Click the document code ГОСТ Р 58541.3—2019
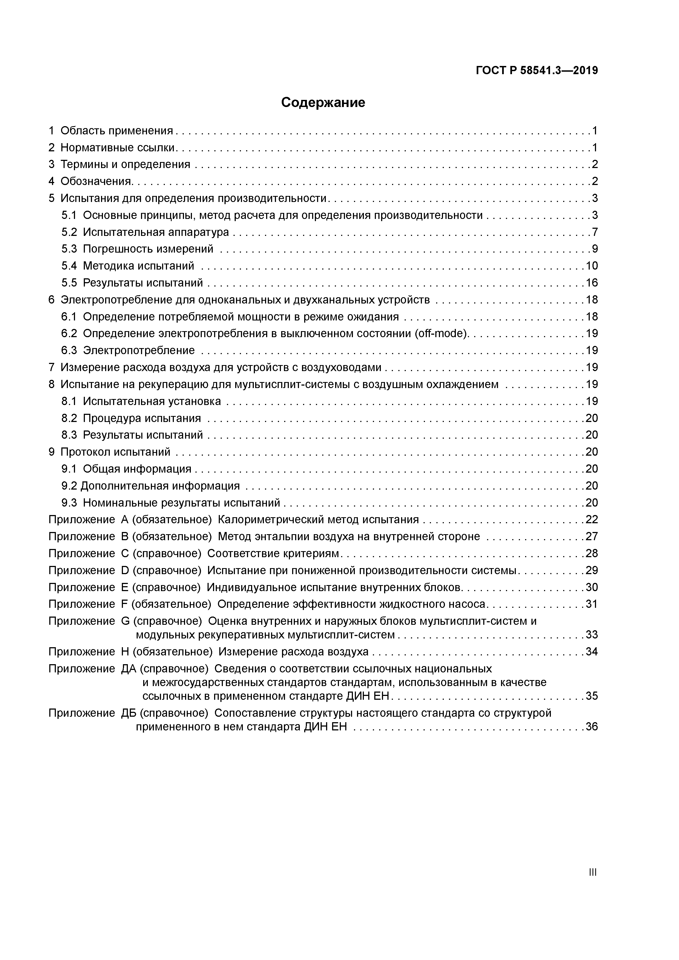537,71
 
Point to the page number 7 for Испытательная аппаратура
594,232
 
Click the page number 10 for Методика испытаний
592,266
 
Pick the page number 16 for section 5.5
592,283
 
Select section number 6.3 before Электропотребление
69,350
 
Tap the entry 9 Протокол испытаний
110,452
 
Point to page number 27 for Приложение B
592,536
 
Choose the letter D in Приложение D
125,570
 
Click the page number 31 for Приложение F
592,604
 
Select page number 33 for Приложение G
592,635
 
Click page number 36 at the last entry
592,726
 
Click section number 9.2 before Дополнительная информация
69,486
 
